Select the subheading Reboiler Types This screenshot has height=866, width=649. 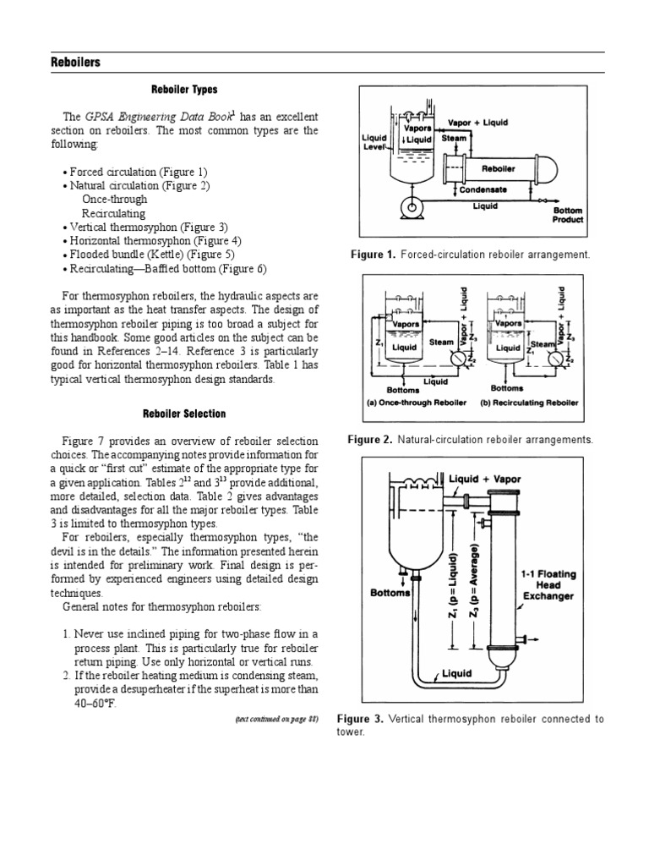(184, 90)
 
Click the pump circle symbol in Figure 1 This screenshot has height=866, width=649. (414, 206)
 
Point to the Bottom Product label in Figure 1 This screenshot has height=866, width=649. (567, 215)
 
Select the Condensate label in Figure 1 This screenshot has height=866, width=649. (483, 190)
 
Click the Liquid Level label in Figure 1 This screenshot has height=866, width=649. (373, 142)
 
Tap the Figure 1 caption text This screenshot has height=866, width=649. (471, 255)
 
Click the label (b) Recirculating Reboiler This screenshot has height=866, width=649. (529, 403)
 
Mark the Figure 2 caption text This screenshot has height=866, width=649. (471, 440)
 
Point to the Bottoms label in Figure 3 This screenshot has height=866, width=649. (390, 592)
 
